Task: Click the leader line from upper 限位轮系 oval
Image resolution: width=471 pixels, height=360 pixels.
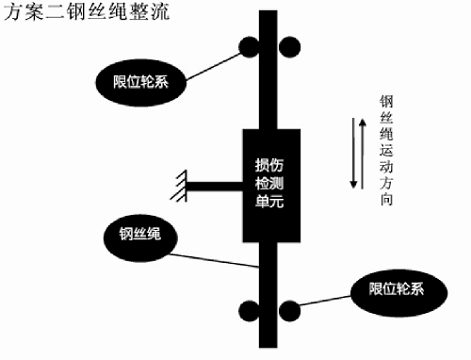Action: coord(212,63)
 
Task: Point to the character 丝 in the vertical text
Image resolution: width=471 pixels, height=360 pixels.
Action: coord(385,119)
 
